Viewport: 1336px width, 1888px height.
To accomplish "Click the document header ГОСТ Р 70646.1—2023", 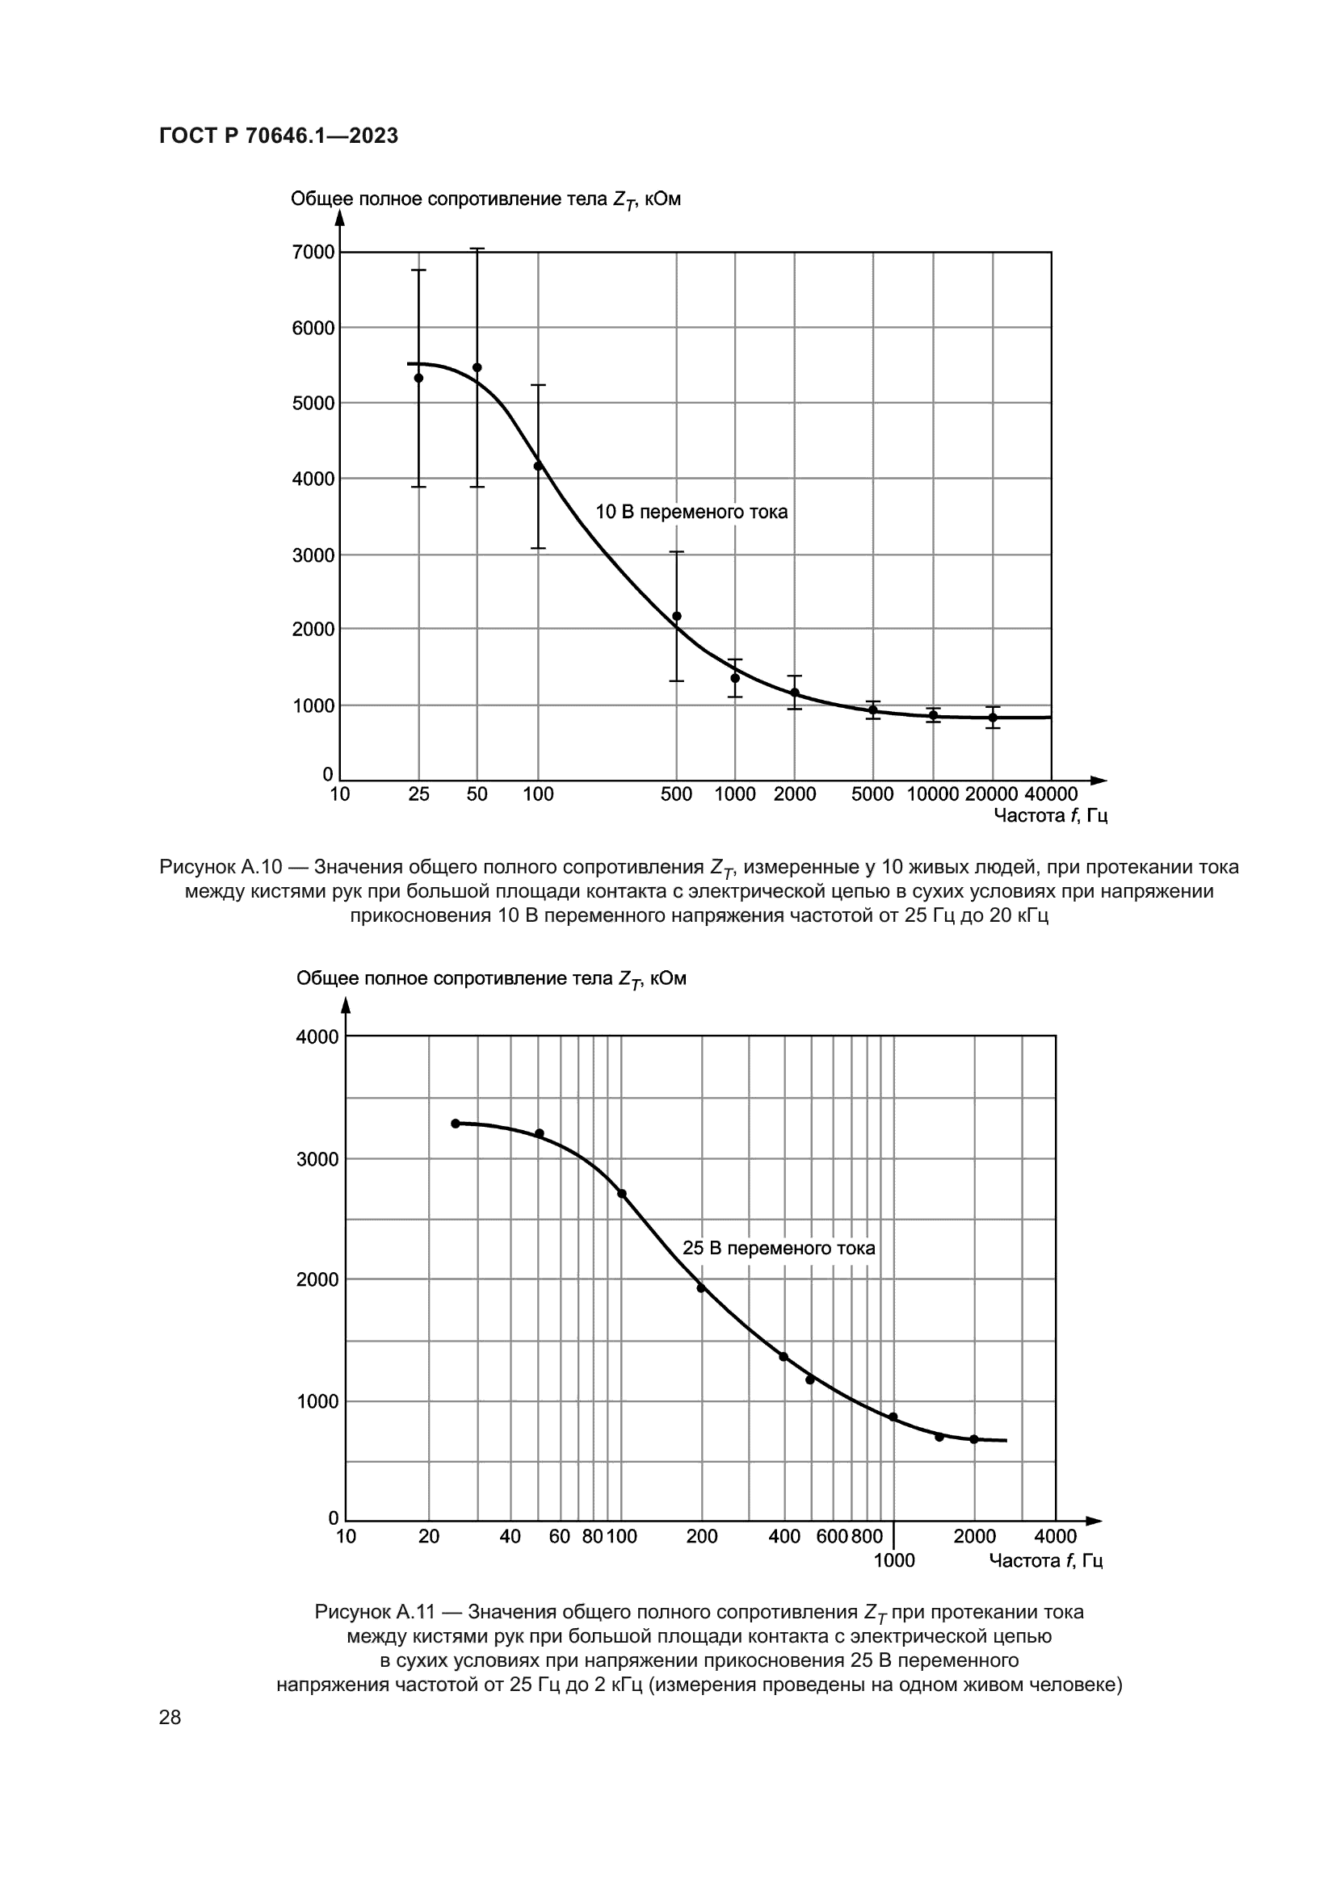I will click(278, 136).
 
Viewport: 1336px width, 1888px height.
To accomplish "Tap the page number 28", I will click(170, 1717).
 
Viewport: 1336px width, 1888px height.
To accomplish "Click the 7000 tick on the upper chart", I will click(313, 253).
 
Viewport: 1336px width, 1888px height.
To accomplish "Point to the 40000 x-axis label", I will click(1051, 794).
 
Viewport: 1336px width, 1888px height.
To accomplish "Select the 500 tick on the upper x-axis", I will click(676, 794).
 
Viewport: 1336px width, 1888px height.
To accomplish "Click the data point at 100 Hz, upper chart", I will click(538, 466).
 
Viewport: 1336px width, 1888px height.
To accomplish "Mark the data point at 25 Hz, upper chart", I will click(418, 379).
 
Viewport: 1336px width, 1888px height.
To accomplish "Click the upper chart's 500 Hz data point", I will click(676, 616).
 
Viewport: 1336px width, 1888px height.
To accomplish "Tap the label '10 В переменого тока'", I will click(691, 513).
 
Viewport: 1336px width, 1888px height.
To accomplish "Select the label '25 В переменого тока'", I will click(778, 1248).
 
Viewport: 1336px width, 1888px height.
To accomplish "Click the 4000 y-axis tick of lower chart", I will click(317, 1037).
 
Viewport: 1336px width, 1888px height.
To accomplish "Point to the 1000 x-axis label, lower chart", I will click(893, 1561).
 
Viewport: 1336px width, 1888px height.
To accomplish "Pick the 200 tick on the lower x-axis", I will click(702, 1536).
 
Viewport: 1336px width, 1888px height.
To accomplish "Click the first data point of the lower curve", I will click(456, 1124).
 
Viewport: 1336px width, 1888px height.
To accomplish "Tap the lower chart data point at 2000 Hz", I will click(974, 1439).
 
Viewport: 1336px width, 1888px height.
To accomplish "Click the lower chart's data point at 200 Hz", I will click(702, 1287).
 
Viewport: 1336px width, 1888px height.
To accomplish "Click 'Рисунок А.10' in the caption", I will click(221, 867).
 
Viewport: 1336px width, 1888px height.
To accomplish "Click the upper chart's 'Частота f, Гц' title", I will click(1051, 816).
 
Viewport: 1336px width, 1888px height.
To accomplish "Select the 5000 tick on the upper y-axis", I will click(313, 403).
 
